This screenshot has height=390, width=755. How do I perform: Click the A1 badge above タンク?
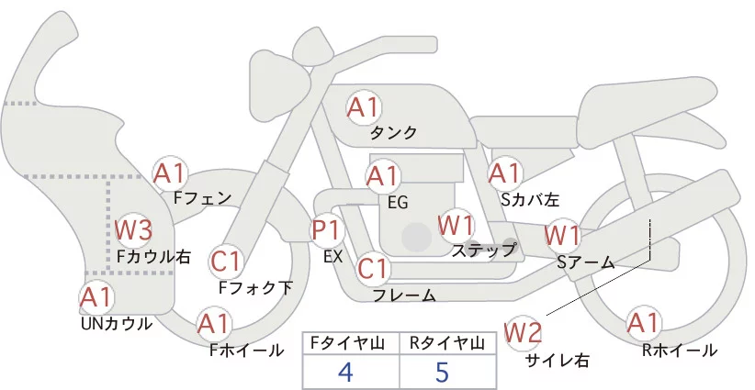click(x=363, y=106)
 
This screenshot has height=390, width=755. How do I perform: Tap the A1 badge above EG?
click(x=383, y=176)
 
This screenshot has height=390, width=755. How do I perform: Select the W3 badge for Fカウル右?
click(x=133, y=228)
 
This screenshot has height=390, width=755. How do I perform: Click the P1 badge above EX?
click(x=327, y=230)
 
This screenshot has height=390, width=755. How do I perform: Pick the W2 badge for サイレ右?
click(x=524, y=331)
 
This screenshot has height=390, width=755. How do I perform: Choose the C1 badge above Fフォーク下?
click(x=226, y=262)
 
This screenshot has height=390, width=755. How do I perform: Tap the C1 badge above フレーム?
click(x=373, y=269)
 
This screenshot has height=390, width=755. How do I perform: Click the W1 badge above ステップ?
click(x=456, y=224)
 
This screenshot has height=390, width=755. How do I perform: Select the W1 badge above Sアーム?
click(x=562, y=235)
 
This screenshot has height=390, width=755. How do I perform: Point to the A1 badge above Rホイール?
click(x=643, y=323)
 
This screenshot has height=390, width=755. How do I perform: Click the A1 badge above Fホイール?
click(x=215, y=324)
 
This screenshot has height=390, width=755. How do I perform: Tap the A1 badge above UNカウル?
click(x=96, y=297)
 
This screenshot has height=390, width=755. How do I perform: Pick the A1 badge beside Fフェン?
click(x=170, y=173)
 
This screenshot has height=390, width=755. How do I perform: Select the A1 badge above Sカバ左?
click(x=504, y=173)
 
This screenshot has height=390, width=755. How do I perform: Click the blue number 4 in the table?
click(x=345, y=372)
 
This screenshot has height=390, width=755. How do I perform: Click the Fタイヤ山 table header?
click(x=351, y=343)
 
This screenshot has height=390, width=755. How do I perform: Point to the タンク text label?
click(x=393, y=133)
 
